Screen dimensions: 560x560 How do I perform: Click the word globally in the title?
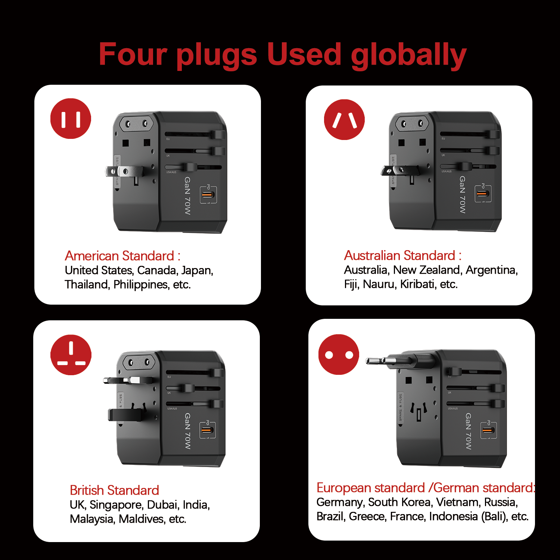point(408,55)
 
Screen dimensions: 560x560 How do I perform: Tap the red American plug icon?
point(71,119)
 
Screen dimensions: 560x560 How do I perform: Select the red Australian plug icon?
point(344,119)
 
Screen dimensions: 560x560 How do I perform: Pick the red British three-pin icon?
point(71,355)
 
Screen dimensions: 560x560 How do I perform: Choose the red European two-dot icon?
point(339,354)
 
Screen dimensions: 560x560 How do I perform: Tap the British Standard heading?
point(114,490)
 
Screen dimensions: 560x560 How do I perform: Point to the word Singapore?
point(116,505)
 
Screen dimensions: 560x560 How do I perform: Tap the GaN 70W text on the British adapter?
point(188,431)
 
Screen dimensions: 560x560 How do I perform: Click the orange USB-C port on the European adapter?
point(487,430)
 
